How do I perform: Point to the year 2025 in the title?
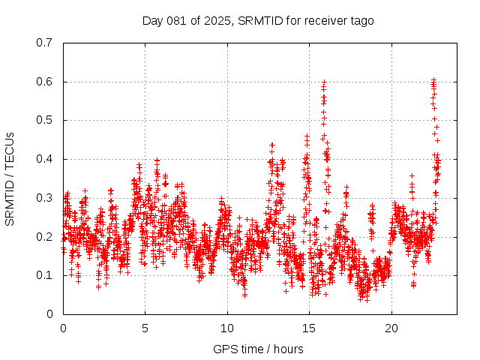click(217, 20)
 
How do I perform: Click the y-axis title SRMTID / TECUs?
click(10, 178)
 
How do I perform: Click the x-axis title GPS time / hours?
click(258, 349)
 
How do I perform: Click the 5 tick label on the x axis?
click(145, 328)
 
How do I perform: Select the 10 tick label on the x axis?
click(226, 328)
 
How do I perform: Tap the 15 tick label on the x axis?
click(309, 328)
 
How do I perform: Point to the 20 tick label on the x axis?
click(391, 328)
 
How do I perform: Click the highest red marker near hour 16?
click(324, 81)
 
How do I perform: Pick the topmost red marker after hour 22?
click(433, 79)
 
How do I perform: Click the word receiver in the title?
click(320, 20)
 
